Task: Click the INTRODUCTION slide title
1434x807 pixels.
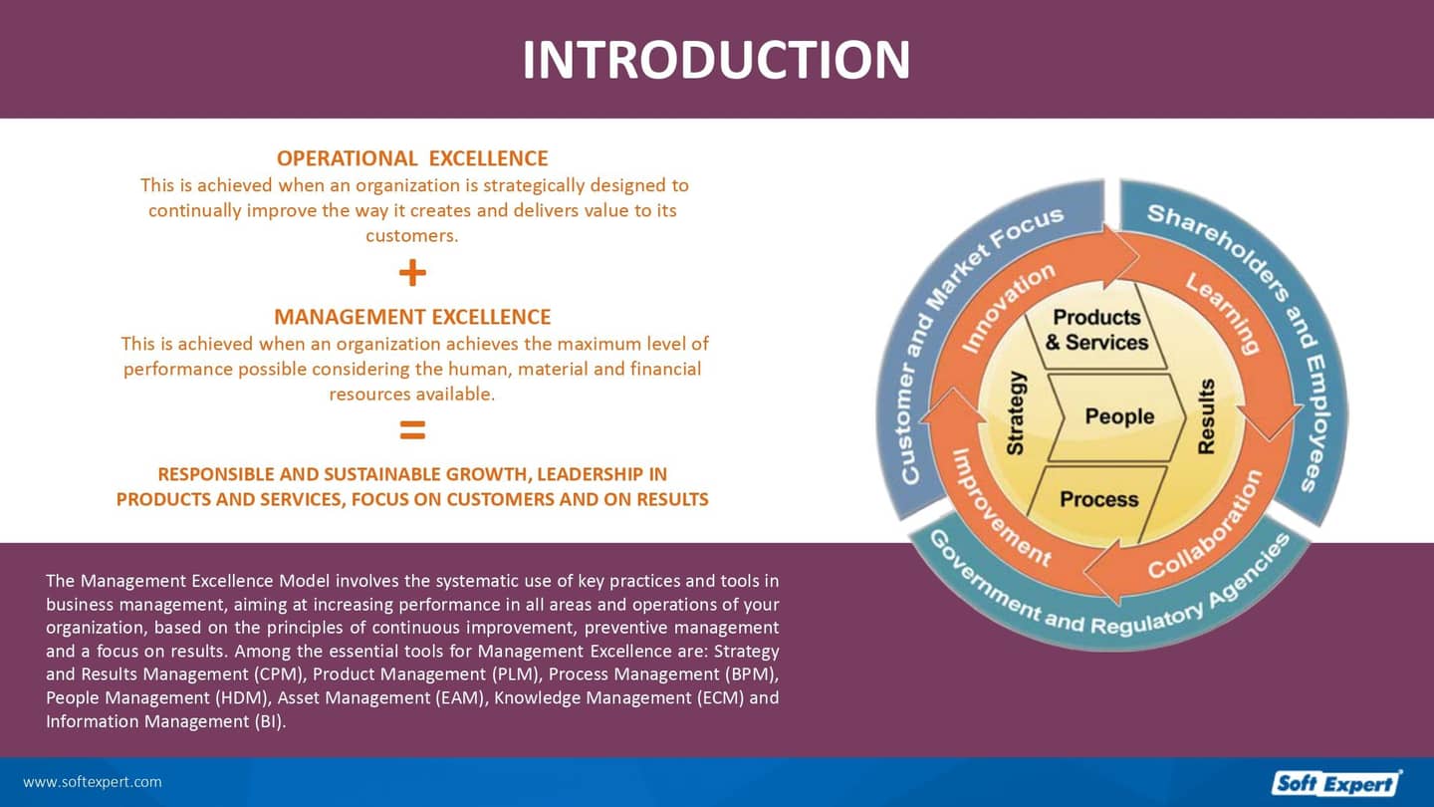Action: click(716, 59)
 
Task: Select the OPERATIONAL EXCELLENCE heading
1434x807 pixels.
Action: click(412, 158)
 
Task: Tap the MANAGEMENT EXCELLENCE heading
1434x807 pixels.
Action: click(412, 317)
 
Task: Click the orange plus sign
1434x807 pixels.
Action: click(412, 272)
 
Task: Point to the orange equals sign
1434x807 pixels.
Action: click(412, 430)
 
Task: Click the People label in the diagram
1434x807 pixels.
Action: click(1119, 416)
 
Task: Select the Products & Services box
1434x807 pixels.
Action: click(1096, 330)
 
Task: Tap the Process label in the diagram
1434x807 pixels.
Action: click(1098, 499)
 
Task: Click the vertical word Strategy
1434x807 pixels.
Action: click(1016, 413)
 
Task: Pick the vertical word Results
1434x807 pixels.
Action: click(1206, 416)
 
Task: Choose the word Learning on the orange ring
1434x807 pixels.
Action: click(1222, 313)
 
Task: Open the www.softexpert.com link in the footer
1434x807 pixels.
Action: click(92, 782)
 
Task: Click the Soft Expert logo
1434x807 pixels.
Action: click(1335, 783)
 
